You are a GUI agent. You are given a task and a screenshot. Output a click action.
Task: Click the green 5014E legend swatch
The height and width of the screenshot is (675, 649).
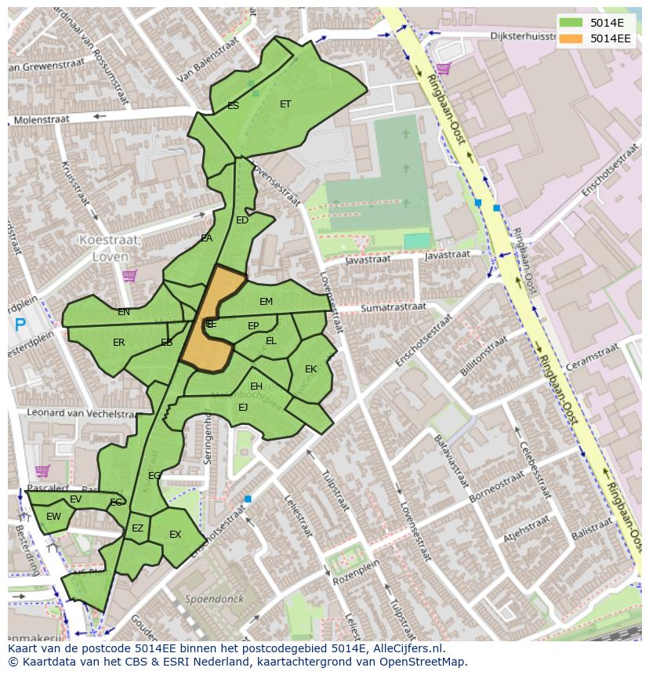[x=570, y=22]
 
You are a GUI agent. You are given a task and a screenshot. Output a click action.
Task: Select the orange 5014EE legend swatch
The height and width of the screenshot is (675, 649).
[x=570, y=38]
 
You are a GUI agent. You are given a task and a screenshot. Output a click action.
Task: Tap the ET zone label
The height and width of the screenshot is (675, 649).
[x=285, y=103]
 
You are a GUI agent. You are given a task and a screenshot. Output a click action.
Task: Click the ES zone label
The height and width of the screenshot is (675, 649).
[x=233, y=105]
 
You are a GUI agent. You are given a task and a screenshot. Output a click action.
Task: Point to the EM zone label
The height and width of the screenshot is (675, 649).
[x=266, y=302]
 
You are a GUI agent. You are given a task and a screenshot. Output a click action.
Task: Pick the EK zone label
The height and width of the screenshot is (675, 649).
[x=310, y=368]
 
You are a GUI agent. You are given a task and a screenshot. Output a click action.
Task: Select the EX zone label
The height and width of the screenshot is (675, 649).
[x=175, y=535]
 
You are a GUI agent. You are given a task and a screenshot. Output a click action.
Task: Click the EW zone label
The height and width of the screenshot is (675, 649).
[x=53, y=517]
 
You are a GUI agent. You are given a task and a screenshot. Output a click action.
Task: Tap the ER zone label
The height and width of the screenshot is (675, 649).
[x=118, y=343]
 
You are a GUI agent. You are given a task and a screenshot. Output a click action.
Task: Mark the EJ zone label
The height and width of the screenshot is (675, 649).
[x=243, y=407]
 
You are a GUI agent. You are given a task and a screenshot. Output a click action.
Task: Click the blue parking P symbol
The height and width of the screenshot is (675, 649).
[x=20, y=324]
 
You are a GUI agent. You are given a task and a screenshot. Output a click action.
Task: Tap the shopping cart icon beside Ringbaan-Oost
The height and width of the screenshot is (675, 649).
[x=444, y=69]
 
